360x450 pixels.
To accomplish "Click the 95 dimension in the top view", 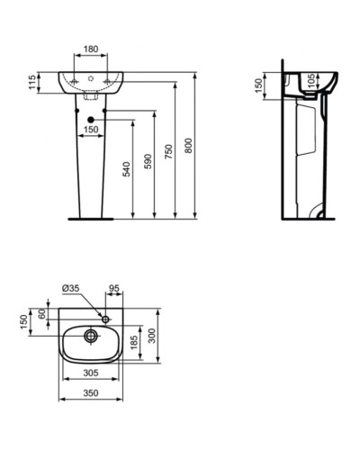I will coord(113,288).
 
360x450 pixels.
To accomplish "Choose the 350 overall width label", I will coord(91,394).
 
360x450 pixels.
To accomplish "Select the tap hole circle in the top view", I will coord(106,318).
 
